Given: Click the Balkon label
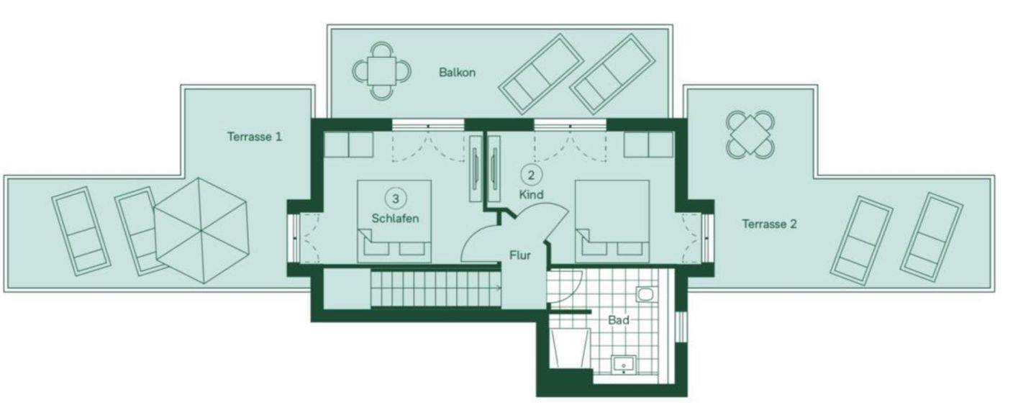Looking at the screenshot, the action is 457,73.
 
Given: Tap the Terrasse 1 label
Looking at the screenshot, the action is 255,137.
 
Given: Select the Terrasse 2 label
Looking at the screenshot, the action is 770,224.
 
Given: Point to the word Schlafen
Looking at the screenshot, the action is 396,218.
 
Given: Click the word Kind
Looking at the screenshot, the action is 531,195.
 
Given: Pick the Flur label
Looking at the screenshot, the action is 520,255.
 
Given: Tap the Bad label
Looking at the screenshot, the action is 619,320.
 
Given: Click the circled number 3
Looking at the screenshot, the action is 396,199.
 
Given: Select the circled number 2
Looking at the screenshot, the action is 532,175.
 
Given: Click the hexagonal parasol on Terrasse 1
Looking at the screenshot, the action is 201,231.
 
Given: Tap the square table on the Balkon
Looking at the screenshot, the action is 381,71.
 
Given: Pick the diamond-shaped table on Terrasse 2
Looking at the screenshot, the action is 750,134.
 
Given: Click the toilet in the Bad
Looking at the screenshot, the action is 646,294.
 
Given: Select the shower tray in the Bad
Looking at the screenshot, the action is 569,349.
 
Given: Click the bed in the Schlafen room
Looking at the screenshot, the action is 394,222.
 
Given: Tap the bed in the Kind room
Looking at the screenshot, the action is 612,222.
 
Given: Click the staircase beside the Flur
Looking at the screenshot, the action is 435,288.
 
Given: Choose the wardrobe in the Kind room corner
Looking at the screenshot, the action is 648,145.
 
